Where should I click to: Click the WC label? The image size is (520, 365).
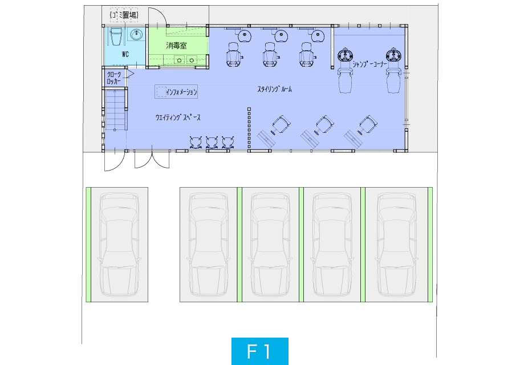click(x=125, y=54)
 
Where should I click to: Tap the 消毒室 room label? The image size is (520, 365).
click(x=176, y=46)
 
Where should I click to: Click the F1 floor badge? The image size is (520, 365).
click(x=259, y=351)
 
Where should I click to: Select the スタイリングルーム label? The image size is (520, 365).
click(x=275, y=89)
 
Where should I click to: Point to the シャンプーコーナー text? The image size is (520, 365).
click(x=369, y=64)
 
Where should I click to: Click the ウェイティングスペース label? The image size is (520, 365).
click(x=178, y=117)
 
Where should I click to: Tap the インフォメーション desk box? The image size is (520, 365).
click(x=176, y=92)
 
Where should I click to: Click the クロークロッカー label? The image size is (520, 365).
click(x=114, y=78)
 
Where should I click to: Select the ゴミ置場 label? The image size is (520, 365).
click(x=124, y=15)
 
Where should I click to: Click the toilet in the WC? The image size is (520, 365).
click(x=116, y=36)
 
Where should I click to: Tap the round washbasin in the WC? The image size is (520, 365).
click(x=136, y=35)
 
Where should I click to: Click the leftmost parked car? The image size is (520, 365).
click(x=119, y=245)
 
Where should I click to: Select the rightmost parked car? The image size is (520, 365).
click(x=396, y=245)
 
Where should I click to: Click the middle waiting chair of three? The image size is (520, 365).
click(x=212, y=142)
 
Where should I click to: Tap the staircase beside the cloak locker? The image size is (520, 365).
click(x=115, y=110)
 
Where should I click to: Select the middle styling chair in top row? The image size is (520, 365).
click(x=270, y=55)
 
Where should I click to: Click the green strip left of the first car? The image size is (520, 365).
click(x=88, y=245)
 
